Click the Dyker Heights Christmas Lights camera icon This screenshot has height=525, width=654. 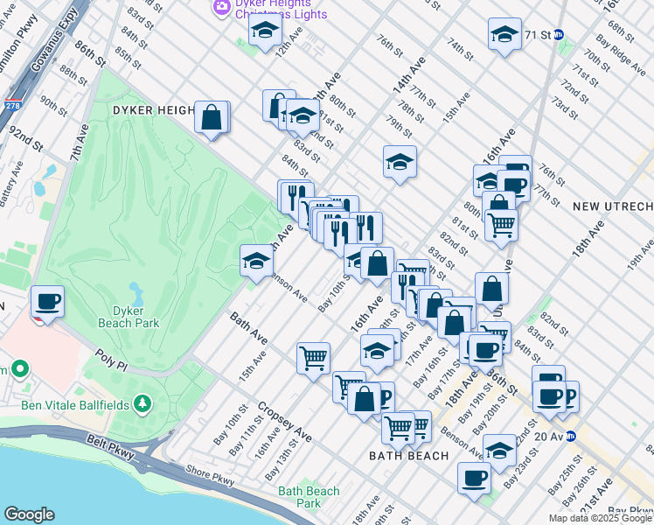pyautogui.click(x=222, y=5)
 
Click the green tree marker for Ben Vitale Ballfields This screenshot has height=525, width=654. pyautogui.click(x=142, y=402)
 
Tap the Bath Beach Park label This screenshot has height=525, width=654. pyautogui.click(x=309, y=496)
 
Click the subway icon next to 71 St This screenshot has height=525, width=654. pyautogui.click(x=558, y=35)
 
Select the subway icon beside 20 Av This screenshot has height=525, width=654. pyautogui.click(x=570, y=436)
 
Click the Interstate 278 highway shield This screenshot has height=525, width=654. pyautogui.click(x=11, y=106)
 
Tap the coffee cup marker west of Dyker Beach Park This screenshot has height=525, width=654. pyautogui.click(x=48, y=302)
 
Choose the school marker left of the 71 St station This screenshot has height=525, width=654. pyautogui.click(x=504, y=35)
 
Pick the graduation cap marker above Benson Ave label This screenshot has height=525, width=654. pyautogui.click(x=256, y=261)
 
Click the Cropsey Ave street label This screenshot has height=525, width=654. pyautogui.click(x=285, y=423)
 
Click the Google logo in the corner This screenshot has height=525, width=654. pyautogui.click(x=29, y=514)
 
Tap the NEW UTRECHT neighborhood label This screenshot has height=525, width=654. pyautogui.click(x=613, y=206)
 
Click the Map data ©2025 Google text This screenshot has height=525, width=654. pyautogui.click(x=601, y=518)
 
